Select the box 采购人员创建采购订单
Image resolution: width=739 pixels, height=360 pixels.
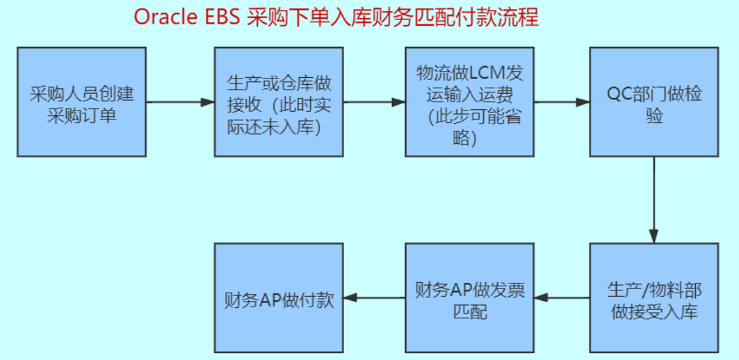pyautogui.click(x=81, y=101)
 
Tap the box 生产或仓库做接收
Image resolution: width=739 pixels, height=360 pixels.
pyautogui.click(x=279, y=101)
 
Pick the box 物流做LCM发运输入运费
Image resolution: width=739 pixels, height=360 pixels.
pyautogui.click(x=470, y=101)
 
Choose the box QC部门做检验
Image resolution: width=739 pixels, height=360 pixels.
pyautogui.click(x=653, y=101)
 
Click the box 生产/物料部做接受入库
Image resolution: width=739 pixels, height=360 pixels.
pyautogui.click(x=653, y=298)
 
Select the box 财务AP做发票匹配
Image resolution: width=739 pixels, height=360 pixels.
pyautogui.click(x=470, y=298)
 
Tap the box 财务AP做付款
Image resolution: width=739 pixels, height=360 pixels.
pyautogui.click(x=279, y=298)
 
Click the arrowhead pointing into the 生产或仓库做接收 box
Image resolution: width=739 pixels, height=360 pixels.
pyautogui.click(x=208, y=102)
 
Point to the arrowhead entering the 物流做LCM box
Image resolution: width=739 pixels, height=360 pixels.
pyautogui.click(x=399, y=102)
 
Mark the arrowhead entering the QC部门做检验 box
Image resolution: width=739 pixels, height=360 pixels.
pyautogui.click(x=583, y=102)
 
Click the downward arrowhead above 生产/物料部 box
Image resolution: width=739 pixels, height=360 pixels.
pyautogui.click(x=653, y=236)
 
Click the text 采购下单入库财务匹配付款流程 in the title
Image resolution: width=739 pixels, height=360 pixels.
pyautogui.click(x=392, y=17)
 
